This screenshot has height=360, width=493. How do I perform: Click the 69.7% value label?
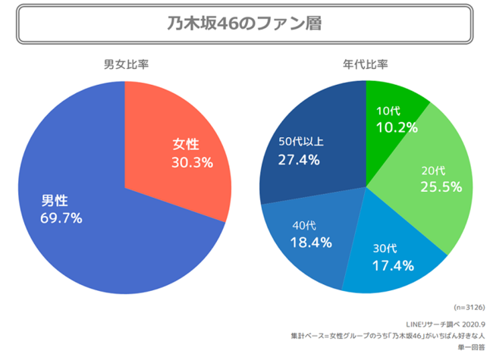(61, 218)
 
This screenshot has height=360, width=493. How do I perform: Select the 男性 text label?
(55, 201)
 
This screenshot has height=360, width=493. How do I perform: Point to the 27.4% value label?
(299, 160)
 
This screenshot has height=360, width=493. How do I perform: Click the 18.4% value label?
(310, 243)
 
